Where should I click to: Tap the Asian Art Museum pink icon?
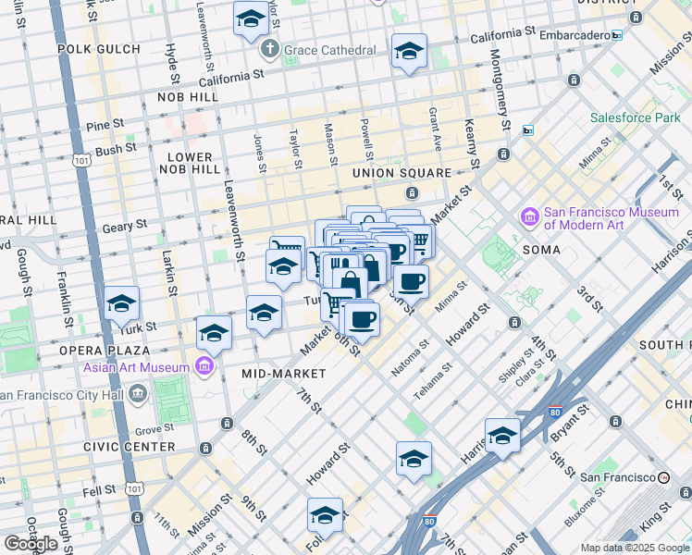204,367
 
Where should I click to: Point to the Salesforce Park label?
635,117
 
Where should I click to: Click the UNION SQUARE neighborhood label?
402,173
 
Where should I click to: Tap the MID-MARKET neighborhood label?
283,374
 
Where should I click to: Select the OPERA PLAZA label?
104,351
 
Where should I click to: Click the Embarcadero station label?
570,35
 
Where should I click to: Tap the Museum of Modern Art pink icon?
530,217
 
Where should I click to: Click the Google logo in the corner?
31,544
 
